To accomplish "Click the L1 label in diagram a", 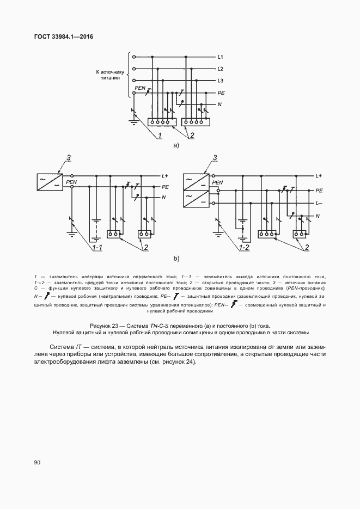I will click(220, 57).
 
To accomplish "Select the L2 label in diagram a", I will click(220, 69).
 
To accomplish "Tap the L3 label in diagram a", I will click(220, 81).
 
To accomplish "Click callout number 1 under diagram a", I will click(161, 134).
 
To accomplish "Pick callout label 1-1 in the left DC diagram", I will click(98, 248).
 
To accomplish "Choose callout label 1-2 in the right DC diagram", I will click(245, 248).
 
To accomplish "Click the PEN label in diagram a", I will click(139, 88).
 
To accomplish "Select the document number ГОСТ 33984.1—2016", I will click(64, 36).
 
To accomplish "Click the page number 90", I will click(38, 463).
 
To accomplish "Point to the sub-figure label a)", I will click(176, 145).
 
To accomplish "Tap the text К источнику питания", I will click(111, 75).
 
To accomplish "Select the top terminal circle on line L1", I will click(133, 57).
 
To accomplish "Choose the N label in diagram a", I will click(219, 104).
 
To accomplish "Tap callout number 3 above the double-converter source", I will click(216, 158).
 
